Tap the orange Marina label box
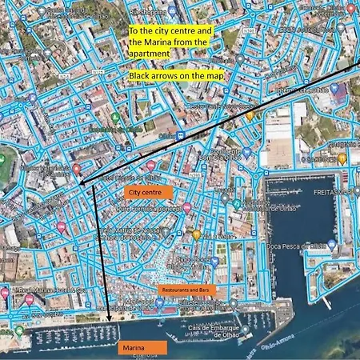pyautogui.click(x=142, y=347)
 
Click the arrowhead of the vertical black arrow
pyautogui.click(x=107, y=325)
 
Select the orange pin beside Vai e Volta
pyautogui.click(x=196, y=234)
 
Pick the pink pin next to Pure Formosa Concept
pyautogui.click(x=186, y=207)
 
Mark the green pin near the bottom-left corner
pyautogui.click(x=19, y=330)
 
